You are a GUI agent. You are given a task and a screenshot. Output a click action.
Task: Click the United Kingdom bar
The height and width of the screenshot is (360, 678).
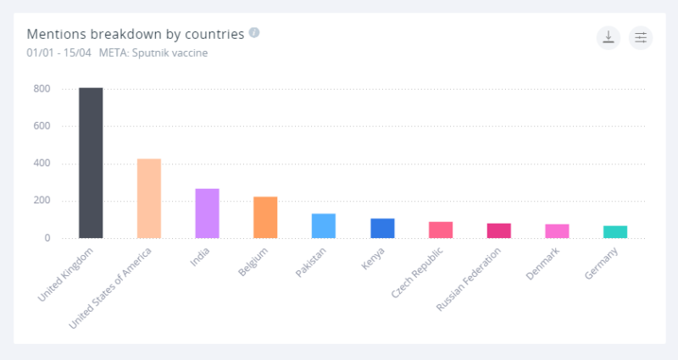91,163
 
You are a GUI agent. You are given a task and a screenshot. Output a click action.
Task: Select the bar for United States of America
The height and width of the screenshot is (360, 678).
149,198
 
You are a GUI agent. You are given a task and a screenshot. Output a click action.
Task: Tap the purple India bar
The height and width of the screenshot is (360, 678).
207,213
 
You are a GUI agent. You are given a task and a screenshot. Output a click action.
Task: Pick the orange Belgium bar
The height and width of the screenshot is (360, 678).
265,217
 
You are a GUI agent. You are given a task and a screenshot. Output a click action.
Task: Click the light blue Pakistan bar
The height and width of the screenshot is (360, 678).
324,225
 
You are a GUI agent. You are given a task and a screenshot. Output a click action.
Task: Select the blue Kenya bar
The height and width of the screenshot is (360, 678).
382,228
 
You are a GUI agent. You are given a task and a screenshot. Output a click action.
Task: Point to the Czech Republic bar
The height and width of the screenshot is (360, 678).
441,230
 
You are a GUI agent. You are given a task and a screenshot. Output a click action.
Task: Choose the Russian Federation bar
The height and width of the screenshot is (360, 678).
499,230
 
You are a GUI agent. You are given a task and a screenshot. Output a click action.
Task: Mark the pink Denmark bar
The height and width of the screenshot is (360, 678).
557,231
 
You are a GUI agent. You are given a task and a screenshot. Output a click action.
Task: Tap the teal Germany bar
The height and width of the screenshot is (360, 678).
615,232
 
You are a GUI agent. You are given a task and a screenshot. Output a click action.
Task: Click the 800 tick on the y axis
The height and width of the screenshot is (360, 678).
42,89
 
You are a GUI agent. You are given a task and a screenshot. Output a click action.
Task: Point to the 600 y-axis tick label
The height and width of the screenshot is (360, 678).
42,126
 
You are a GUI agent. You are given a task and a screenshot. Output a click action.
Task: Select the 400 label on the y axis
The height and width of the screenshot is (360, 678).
42,163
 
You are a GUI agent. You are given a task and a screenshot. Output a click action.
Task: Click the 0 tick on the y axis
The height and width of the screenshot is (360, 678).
47,238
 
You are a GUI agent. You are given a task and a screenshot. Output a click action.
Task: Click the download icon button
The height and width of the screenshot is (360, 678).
609,37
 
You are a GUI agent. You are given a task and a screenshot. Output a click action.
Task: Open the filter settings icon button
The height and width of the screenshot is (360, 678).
641,37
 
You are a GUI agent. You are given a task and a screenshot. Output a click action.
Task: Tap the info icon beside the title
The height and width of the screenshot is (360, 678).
254,33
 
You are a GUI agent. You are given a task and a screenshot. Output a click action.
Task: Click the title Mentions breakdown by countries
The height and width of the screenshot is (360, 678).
136,34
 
